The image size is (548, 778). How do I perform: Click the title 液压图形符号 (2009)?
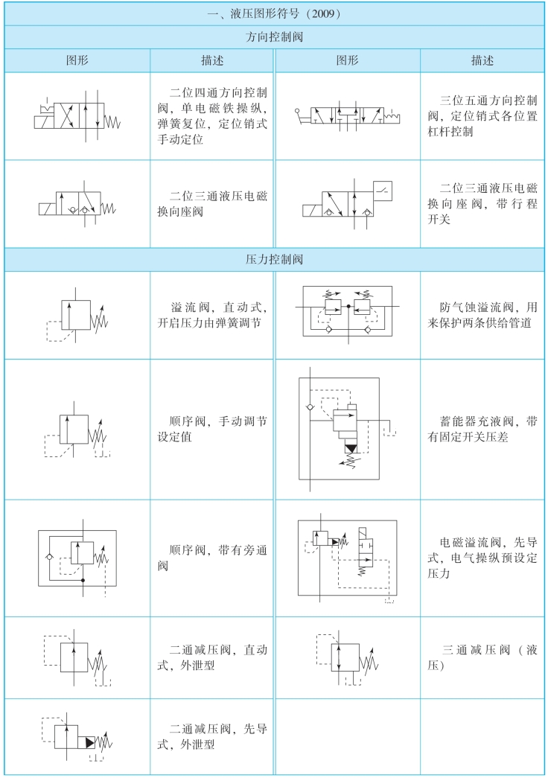pos(273,13)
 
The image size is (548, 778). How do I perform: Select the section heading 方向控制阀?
pos(273,36)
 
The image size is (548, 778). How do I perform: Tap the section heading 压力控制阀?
pos(273,260)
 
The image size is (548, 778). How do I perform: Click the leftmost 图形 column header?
pos(77,60)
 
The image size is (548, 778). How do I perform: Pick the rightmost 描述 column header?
pos(482,60)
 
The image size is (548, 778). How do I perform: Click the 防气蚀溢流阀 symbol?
pos(347,312)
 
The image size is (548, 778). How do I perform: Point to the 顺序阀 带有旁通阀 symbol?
pos(77,558)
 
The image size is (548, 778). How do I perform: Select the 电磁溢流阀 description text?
pos(482,557)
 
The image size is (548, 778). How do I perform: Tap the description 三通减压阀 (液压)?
pos(482,657)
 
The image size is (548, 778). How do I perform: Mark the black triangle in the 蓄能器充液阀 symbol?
pos(351,449)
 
